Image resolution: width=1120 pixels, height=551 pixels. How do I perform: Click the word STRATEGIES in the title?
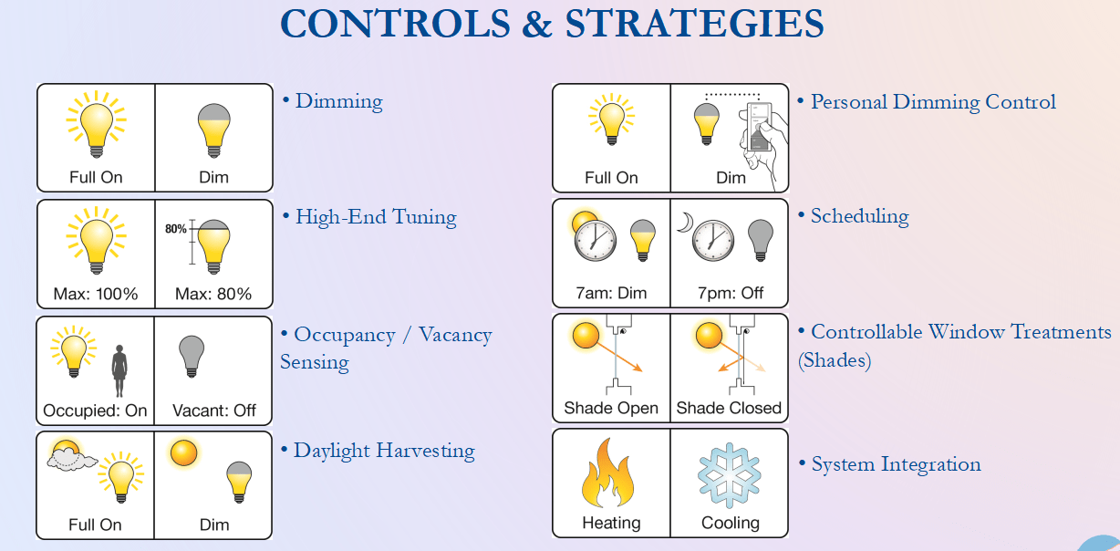694,24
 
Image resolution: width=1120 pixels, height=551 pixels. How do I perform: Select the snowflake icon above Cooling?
730,475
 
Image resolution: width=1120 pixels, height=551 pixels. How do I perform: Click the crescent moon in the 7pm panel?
685,223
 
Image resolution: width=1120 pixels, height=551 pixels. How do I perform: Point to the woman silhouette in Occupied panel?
119,370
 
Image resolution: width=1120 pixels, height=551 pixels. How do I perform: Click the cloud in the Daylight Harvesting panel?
71,460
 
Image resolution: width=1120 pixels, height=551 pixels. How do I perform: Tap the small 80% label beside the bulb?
175,229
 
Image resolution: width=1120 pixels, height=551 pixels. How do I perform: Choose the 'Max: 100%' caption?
96,294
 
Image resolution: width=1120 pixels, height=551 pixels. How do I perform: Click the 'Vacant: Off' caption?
214,411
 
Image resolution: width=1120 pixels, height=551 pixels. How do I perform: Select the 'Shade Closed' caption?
729,408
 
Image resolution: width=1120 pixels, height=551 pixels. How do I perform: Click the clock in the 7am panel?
595,241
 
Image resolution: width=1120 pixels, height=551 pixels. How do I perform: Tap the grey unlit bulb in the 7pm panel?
760,240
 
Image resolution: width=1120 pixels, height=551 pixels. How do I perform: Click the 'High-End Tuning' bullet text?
376,217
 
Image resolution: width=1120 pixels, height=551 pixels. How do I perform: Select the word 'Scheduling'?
859,216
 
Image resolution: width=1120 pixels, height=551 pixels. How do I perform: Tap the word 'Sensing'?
315,362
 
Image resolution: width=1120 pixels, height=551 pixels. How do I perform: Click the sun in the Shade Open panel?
586,335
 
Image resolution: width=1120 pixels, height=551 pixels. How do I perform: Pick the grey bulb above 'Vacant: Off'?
192,356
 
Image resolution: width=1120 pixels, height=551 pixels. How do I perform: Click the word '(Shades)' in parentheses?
834,360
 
